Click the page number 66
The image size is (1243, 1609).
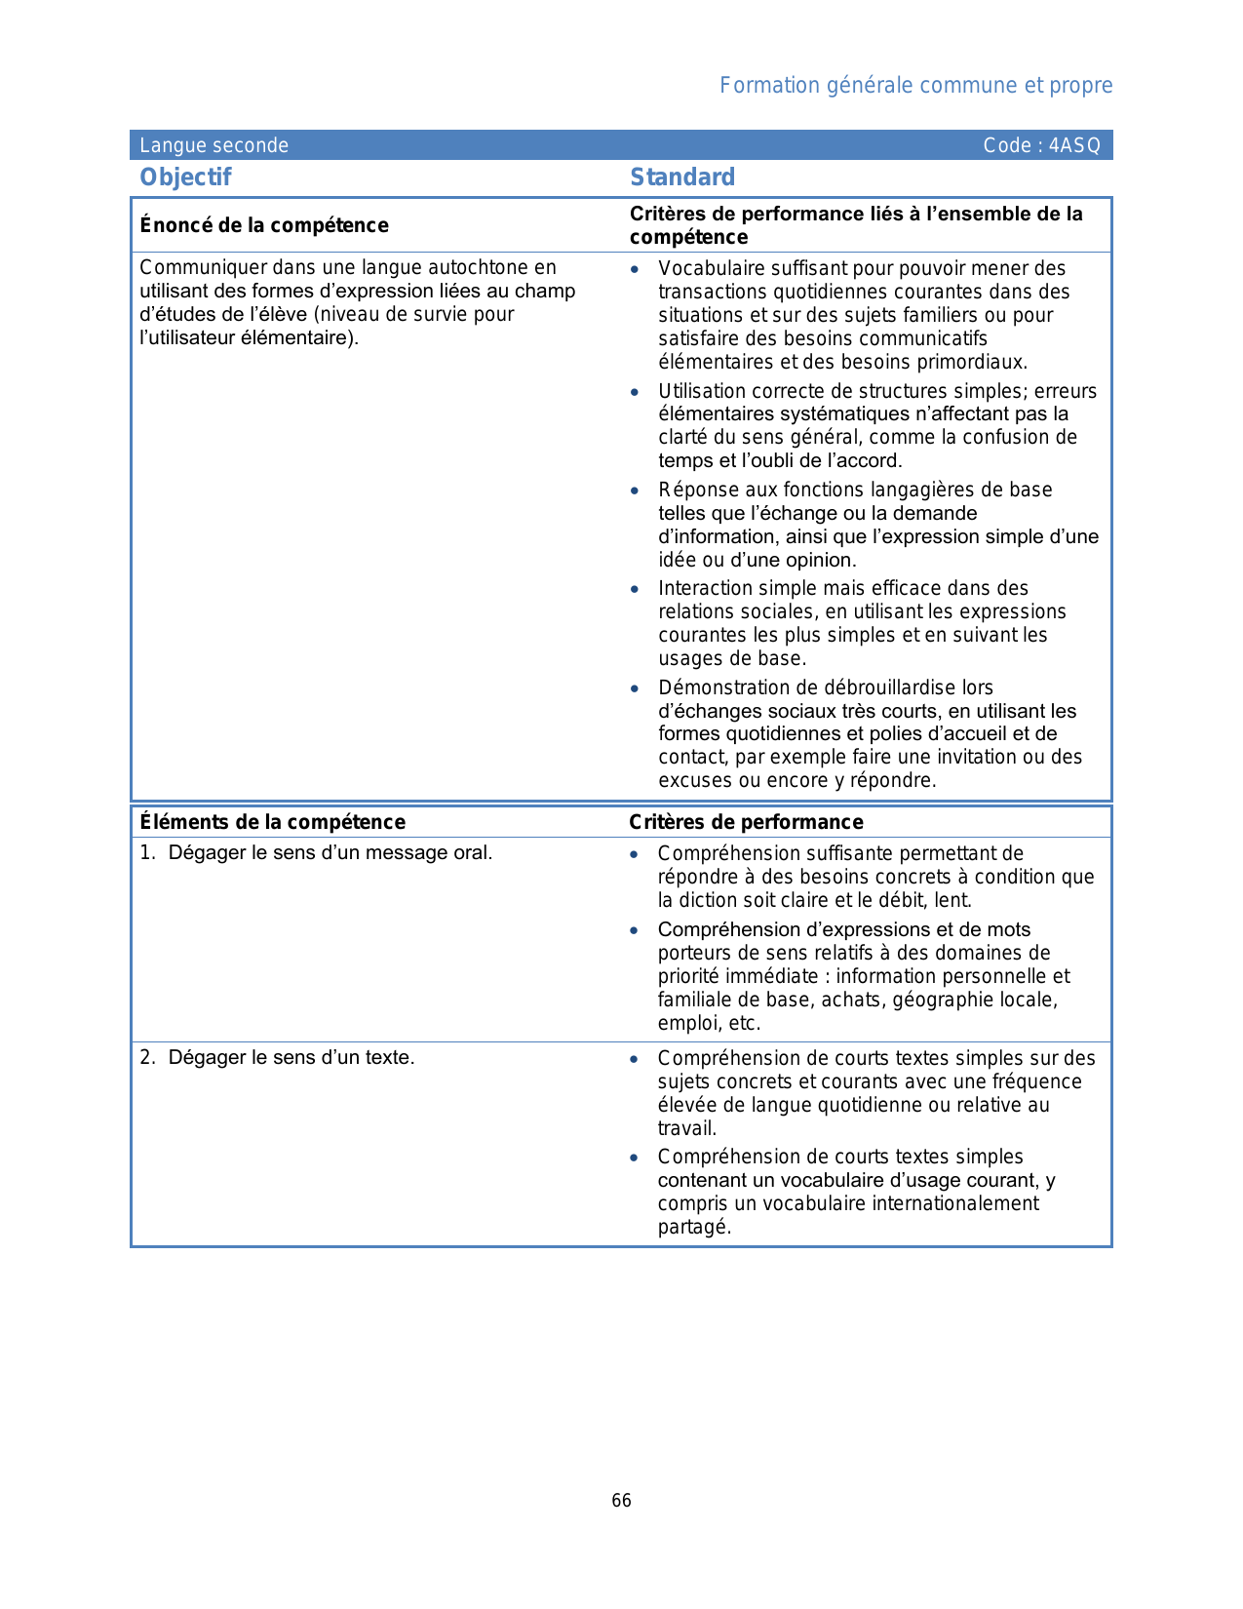621,1501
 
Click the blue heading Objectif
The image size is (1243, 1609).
185,177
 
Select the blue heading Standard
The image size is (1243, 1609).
682,177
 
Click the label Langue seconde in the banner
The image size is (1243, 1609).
214,146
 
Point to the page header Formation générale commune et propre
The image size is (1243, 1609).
915,86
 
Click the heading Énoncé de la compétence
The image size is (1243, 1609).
264,225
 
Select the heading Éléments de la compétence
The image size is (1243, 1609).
272,822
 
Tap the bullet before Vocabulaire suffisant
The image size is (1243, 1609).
635,269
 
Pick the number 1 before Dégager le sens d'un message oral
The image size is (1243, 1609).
145,852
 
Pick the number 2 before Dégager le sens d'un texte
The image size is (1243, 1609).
145,1057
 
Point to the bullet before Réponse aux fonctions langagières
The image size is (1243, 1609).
635,491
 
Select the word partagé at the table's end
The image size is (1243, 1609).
693,1227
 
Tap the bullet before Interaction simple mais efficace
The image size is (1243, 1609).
635,589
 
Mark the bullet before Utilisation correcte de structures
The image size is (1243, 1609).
635,392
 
